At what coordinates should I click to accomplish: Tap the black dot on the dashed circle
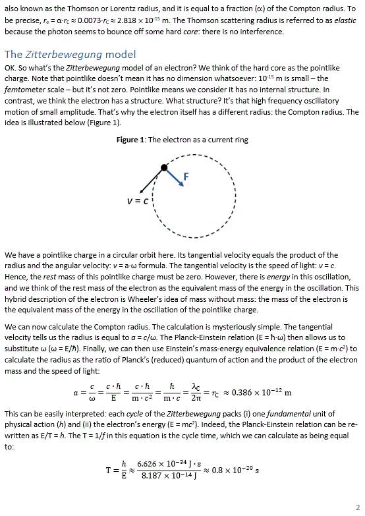click(x=164, y=167)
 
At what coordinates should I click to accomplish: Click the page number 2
click(x=356, y=506)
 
